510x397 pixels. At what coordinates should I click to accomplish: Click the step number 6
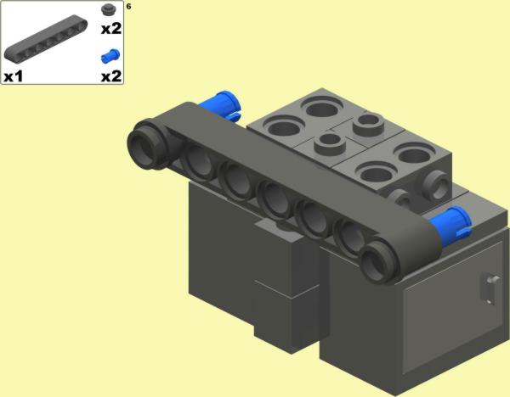point(129,6)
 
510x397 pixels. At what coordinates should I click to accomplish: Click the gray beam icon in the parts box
point(46,38)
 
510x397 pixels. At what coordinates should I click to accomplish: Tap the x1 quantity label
point(14,76)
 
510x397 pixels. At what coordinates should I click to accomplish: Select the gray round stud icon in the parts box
point(107,9)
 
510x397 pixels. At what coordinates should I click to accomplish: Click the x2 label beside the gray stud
point(111,29)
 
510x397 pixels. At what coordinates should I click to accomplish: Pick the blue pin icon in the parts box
point(110,56)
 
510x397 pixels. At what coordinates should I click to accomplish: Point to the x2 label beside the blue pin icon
point(111,76)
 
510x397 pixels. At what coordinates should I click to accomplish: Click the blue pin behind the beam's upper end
point(222,104)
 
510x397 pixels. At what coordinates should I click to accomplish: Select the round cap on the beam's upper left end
point(146,144)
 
